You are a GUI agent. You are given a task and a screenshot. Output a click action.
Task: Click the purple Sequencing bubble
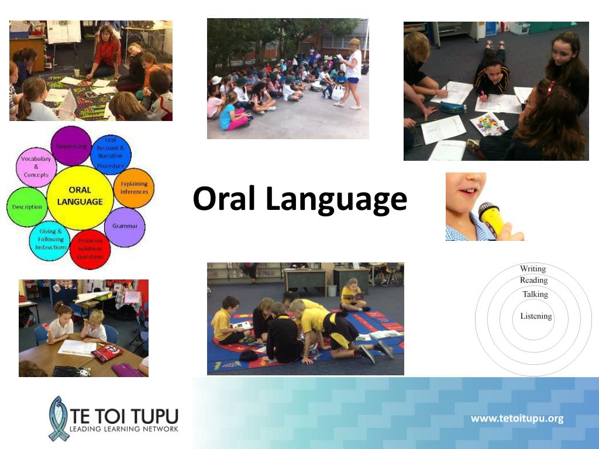coord(71,146)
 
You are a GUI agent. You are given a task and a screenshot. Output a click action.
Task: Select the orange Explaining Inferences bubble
coord(133,188)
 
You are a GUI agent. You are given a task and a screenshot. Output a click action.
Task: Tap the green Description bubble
coord(27,207)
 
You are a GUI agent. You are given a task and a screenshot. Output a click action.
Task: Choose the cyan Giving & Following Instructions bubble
coord(51,240)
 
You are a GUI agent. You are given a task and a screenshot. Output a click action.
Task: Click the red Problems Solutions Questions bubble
coord(90,248)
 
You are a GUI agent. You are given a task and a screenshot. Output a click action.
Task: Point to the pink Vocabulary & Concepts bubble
coord(36,167)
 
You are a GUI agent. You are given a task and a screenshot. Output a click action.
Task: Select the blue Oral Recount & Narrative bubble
coord(111,154)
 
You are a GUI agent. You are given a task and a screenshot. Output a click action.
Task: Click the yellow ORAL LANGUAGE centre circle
coord(80,196)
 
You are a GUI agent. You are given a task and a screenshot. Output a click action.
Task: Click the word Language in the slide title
coord(336,200)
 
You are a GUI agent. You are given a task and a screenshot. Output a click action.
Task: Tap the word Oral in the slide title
coord(225,199)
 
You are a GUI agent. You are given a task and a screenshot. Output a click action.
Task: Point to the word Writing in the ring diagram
coord(533,269)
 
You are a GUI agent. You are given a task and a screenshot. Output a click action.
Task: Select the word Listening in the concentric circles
coord(536,316)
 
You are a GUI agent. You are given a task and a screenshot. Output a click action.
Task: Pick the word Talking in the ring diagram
coord(535,294)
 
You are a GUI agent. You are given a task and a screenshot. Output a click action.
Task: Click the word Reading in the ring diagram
coord(533,281)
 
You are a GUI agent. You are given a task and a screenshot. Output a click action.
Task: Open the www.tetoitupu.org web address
coord(517,418)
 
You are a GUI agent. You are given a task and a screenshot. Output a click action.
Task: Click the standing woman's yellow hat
coord(354,43)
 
